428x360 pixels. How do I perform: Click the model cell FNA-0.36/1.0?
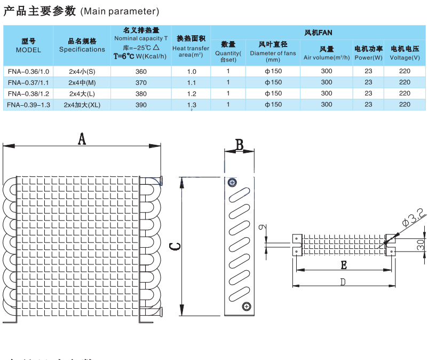(28, 72)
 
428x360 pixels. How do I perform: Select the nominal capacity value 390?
(141, 105)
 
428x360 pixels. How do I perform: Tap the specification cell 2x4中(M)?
(82, 83)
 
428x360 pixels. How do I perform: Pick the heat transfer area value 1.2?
(192, 94)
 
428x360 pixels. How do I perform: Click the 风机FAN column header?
(319, 33)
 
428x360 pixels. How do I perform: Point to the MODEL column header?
(28, 46)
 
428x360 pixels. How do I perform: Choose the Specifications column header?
(82, 46)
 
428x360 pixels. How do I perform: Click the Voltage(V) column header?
(405, 53)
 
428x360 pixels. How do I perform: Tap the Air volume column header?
(326, 53)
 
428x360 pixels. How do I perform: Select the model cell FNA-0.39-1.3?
(29, 105)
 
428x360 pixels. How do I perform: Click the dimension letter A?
(82, 139)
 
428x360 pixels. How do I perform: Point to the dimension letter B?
(240, 144)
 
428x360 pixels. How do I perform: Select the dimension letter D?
(343, 281)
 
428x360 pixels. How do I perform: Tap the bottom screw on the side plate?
(246, 306)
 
